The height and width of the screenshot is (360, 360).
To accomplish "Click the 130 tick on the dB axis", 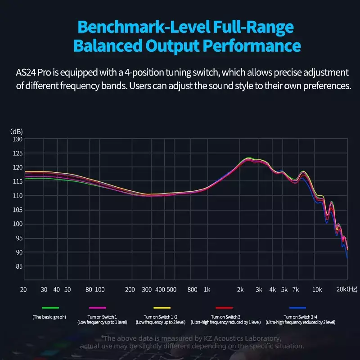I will coord(17,139).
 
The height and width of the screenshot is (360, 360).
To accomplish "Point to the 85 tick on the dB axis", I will coord(18,266).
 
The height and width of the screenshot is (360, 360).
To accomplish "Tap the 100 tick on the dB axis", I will coord(17,224).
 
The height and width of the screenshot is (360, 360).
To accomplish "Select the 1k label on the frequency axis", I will coord(207,289).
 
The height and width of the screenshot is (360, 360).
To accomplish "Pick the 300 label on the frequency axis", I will coord(147,289).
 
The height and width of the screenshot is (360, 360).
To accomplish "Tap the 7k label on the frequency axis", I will coord(296,289).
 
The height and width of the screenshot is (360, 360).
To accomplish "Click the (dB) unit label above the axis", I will coord(17,131).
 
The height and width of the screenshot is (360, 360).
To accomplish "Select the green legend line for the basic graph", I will coord(50,308).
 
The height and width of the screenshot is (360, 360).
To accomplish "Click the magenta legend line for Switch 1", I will coord(98,308).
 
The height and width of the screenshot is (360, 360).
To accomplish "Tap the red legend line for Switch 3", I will coord(224,308).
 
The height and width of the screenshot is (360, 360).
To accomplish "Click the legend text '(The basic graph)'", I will coord(49,317).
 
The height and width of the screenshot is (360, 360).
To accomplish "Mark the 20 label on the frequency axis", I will coord(23,289).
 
